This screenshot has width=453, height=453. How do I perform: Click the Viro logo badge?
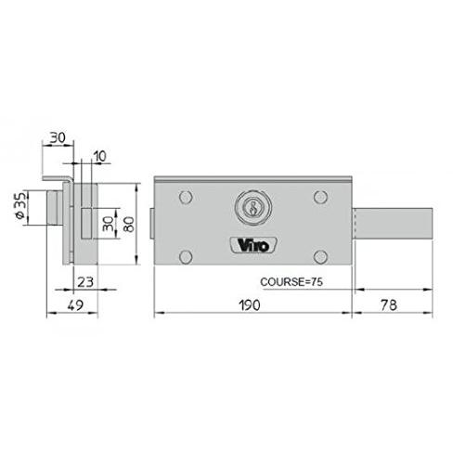click(x=253, y=246)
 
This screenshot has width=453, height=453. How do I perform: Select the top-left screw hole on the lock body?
click(x=186, y=197)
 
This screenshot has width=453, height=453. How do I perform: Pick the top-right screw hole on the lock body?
click(x=320, y=197)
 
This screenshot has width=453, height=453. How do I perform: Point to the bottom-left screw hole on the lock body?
click(x=186, y=257)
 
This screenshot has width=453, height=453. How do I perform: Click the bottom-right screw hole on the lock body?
click(x=320, y=257)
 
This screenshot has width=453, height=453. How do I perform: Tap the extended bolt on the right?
click(x=393, y=223)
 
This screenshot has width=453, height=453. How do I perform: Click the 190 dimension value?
click(x=250, y=305)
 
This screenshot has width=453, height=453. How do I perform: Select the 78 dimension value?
click(x=389, y=305)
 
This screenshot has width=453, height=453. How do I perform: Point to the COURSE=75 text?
click(x=291, y=282)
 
